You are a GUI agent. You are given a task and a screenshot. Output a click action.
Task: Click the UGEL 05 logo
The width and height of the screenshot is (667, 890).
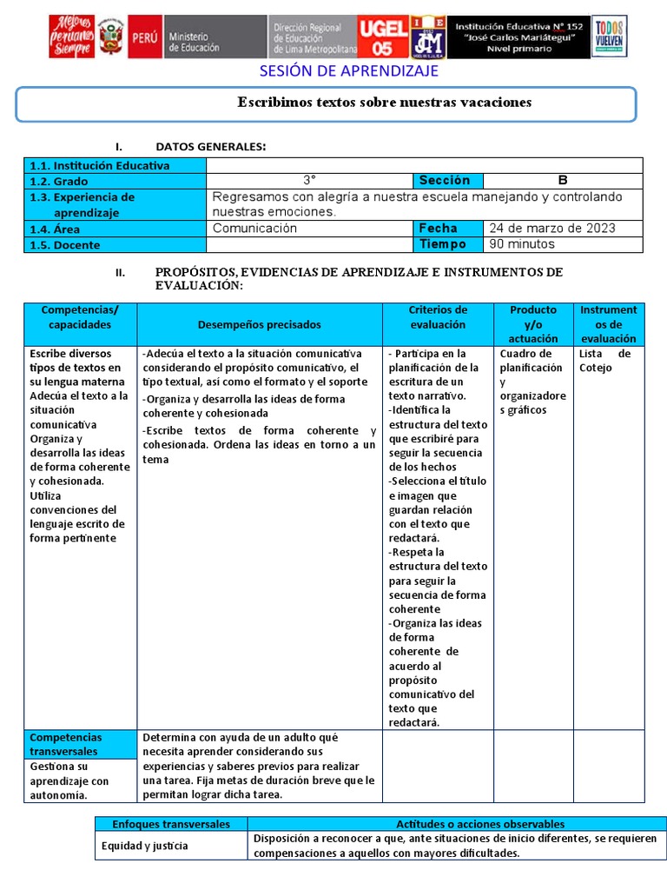[x=382, y=37]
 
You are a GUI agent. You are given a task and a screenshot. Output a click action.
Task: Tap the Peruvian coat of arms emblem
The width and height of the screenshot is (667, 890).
[x=110, y=37]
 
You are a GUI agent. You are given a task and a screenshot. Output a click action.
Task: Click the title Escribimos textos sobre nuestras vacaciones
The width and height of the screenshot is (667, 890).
[x=385, y=103]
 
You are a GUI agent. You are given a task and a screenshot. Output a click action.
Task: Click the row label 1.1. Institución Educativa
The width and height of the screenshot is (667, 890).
[x=100, y=165]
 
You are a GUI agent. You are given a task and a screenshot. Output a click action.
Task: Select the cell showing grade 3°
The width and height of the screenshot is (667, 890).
[x=309, y=181]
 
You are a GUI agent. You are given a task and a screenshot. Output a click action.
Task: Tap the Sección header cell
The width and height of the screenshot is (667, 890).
[x=445, y=181]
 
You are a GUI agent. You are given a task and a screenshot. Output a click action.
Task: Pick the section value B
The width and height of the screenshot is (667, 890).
[x=563, y=181]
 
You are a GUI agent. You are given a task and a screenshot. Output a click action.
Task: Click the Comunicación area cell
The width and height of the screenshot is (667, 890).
[x=255, y=229]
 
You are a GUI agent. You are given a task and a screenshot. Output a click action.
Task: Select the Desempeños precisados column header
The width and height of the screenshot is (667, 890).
[x=259, y=324]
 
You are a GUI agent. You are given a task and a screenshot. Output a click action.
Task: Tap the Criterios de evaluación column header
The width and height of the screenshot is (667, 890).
[x=438, y=317]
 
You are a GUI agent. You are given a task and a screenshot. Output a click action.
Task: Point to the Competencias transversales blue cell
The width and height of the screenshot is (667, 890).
[x=78, y=744]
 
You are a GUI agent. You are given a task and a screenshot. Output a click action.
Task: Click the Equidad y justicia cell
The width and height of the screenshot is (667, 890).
[x=144, y=846]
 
